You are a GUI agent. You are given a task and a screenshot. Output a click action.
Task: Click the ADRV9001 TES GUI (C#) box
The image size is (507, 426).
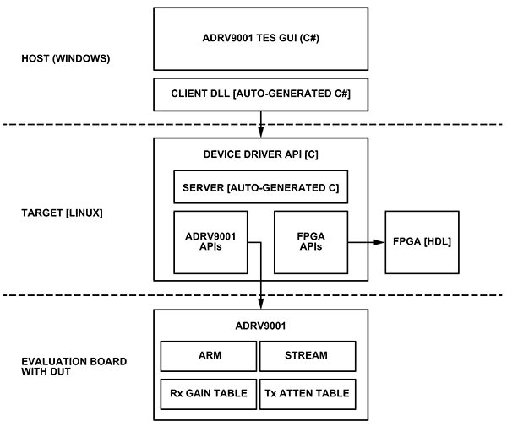[x=260, y=40]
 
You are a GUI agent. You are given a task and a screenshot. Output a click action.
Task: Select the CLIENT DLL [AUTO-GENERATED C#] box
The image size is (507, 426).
[x=260, y=94]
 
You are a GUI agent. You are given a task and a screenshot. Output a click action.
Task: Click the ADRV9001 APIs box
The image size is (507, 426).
[x=208, y=243]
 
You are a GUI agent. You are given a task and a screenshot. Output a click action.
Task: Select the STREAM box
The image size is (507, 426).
[x=305, y=355]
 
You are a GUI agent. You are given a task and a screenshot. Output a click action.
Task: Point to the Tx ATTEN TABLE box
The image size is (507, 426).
[x=305, y=392]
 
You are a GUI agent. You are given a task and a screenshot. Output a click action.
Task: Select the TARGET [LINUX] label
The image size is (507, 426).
[x=62, y=213]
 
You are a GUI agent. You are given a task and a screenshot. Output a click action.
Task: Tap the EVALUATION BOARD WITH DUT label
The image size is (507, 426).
[x=74, y=367]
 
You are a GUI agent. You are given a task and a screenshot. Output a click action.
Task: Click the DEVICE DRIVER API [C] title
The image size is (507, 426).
[x=260, y=154]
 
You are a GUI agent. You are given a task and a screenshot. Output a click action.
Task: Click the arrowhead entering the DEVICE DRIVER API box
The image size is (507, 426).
[x=260, y=133]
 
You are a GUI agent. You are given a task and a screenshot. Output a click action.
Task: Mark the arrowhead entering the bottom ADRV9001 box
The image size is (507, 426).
[x=260, y=305]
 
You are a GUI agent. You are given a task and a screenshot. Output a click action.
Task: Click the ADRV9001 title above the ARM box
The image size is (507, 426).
[x=260, y=325]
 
